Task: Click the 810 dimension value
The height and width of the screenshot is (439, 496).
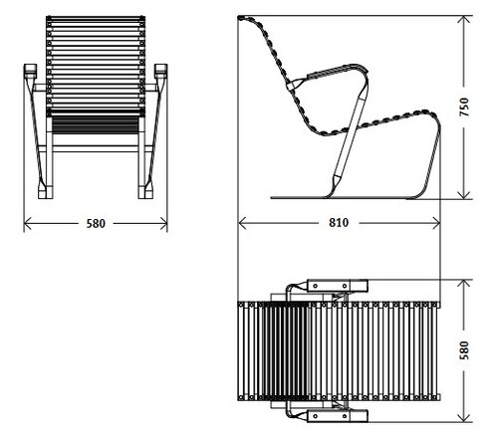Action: [x=339, y=223]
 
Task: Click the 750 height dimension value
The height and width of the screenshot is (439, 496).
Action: [x=464, y=107]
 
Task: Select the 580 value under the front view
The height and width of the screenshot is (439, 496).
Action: [x=96, y=224]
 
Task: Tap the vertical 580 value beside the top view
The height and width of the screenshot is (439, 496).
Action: [x=464, y=349]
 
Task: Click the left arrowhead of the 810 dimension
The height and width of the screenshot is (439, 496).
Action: [x=242, y=223]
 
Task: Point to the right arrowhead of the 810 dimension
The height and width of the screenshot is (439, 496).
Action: [x=436, y=223]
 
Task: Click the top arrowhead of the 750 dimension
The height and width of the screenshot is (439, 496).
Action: [x=464, y=20]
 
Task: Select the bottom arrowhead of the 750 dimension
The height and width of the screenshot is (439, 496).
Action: [x=464, y=195]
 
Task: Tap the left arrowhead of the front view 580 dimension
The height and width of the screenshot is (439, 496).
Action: [x=28, y=223]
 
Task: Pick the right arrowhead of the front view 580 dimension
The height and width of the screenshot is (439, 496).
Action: [x=163, y=223]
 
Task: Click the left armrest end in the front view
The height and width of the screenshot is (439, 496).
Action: [x=30, y=71]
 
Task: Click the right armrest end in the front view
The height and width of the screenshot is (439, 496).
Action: [x=161, y=71]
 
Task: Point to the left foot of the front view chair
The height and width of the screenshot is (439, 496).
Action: [x=46, y=191]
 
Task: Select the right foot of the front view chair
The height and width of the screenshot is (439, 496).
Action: [x=145, y=191]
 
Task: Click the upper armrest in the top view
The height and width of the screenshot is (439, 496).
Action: [x=338, y=286]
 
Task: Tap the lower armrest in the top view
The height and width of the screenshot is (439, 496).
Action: [x=338, y=416]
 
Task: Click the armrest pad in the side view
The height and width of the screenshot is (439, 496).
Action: [x=332, y=72]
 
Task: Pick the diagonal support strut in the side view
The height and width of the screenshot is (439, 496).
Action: [x=351, y=136]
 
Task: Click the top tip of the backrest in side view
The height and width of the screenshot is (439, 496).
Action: [x=240, y=17]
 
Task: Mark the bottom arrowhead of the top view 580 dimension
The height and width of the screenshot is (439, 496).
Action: [x=464, y=418]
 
